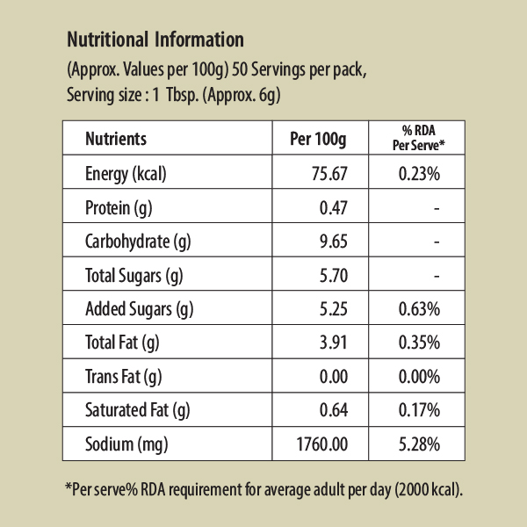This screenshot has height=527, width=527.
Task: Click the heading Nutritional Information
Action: pos(155,40)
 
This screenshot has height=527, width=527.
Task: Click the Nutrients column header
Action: pos(115,139)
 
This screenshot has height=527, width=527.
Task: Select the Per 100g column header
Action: pos(319,139)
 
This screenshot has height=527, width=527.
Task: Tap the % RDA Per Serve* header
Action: pos(418,138)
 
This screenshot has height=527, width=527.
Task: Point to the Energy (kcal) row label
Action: pos(126,174)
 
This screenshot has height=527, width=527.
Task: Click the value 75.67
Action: pos(330,174)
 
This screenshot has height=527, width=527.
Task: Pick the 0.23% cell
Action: pos(419,174)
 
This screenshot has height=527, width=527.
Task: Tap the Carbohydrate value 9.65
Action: pos(335,242)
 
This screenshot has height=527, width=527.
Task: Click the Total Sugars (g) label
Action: pos(134,276)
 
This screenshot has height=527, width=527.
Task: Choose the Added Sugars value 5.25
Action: pos(335,309)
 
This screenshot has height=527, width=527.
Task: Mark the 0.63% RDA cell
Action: pos(419,309)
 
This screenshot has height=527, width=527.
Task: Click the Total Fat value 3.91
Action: pos(335,343)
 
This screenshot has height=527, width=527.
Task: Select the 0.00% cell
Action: pos(419,377)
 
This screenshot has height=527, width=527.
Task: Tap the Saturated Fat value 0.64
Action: pos(335,410)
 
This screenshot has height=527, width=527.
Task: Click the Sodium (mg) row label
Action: pos(122,444)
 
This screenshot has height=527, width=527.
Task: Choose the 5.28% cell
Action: pos(419,444)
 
